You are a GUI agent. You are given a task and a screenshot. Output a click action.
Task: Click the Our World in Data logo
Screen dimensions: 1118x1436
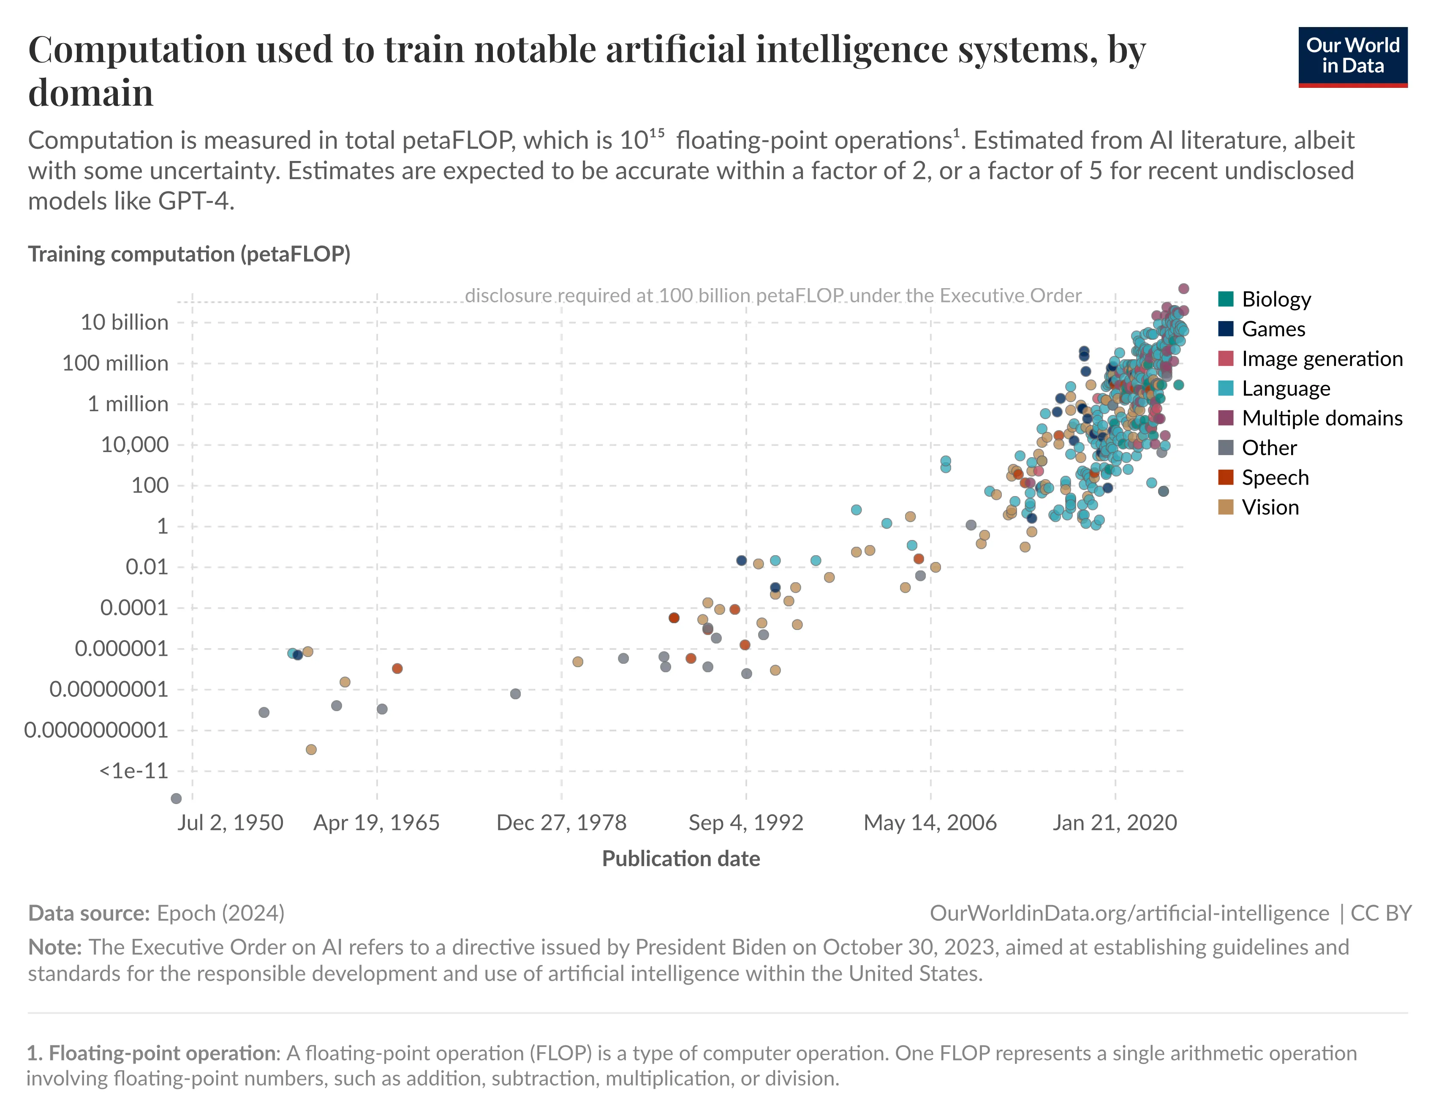coord(1352,57)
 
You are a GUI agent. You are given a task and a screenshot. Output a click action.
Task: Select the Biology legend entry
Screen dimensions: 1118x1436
coord(1276,299)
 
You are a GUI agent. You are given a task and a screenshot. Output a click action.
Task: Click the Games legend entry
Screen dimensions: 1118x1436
coord(1273,329)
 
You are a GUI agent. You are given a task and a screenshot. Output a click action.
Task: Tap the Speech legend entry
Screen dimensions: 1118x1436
coord(1274,477)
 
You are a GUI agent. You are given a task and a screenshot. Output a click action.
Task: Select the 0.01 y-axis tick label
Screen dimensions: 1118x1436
coord(147,567)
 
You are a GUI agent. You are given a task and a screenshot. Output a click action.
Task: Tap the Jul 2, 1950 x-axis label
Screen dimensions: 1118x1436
coord(230,822)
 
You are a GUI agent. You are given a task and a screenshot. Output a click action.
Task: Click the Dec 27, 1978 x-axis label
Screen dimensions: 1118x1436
coord(561,822)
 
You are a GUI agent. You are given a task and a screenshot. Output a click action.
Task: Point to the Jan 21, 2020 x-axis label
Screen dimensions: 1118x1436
coord(1115,822)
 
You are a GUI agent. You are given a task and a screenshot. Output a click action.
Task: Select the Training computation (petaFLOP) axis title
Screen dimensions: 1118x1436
coord(189,254)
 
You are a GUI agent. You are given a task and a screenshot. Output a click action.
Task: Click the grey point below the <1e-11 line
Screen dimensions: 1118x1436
coord(176,799)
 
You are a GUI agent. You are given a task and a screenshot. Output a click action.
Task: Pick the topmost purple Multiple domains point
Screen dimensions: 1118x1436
coord(1183,289)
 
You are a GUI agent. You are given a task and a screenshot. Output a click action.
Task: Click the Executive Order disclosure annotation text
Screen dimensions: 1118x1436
coord(772,296)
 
